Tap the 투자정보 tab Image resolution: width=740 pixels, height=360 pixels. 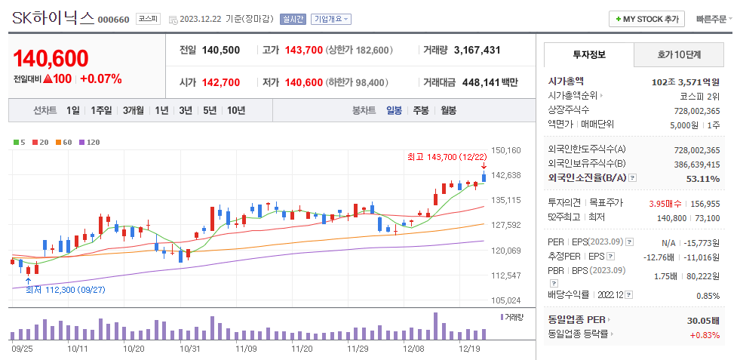[x=589, y=54]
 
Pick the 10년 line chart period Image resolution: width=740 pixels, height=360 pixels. [x=235, y=110]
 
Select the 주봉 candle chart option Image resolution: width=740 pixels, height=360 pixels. [x=420, y=110]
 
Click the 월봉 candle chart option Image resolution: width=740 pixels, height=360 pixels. [x=448, y=110]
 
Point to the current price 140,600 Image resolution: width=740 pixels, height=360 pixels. [x=51, y=58]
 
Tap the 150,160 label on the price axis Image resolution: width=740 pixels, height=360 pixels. [x=505, y=150]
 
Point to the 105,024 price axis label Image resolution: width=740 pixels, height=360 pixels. [x=505, y=300]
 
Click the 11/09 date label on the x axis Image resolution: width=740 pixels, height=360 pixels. [x=246, y=349]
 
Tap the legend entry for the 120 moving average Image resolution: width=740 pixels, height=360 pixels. [x=90, y=142]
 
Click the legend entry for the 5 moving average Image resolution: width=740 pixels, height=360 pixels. [x=20, y=142]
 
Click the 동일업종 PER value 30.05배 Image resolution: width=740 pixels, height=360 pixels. [x=703, y=320]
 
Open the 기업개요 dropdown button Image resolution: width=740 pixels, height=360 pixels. [x=331, y=19]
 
